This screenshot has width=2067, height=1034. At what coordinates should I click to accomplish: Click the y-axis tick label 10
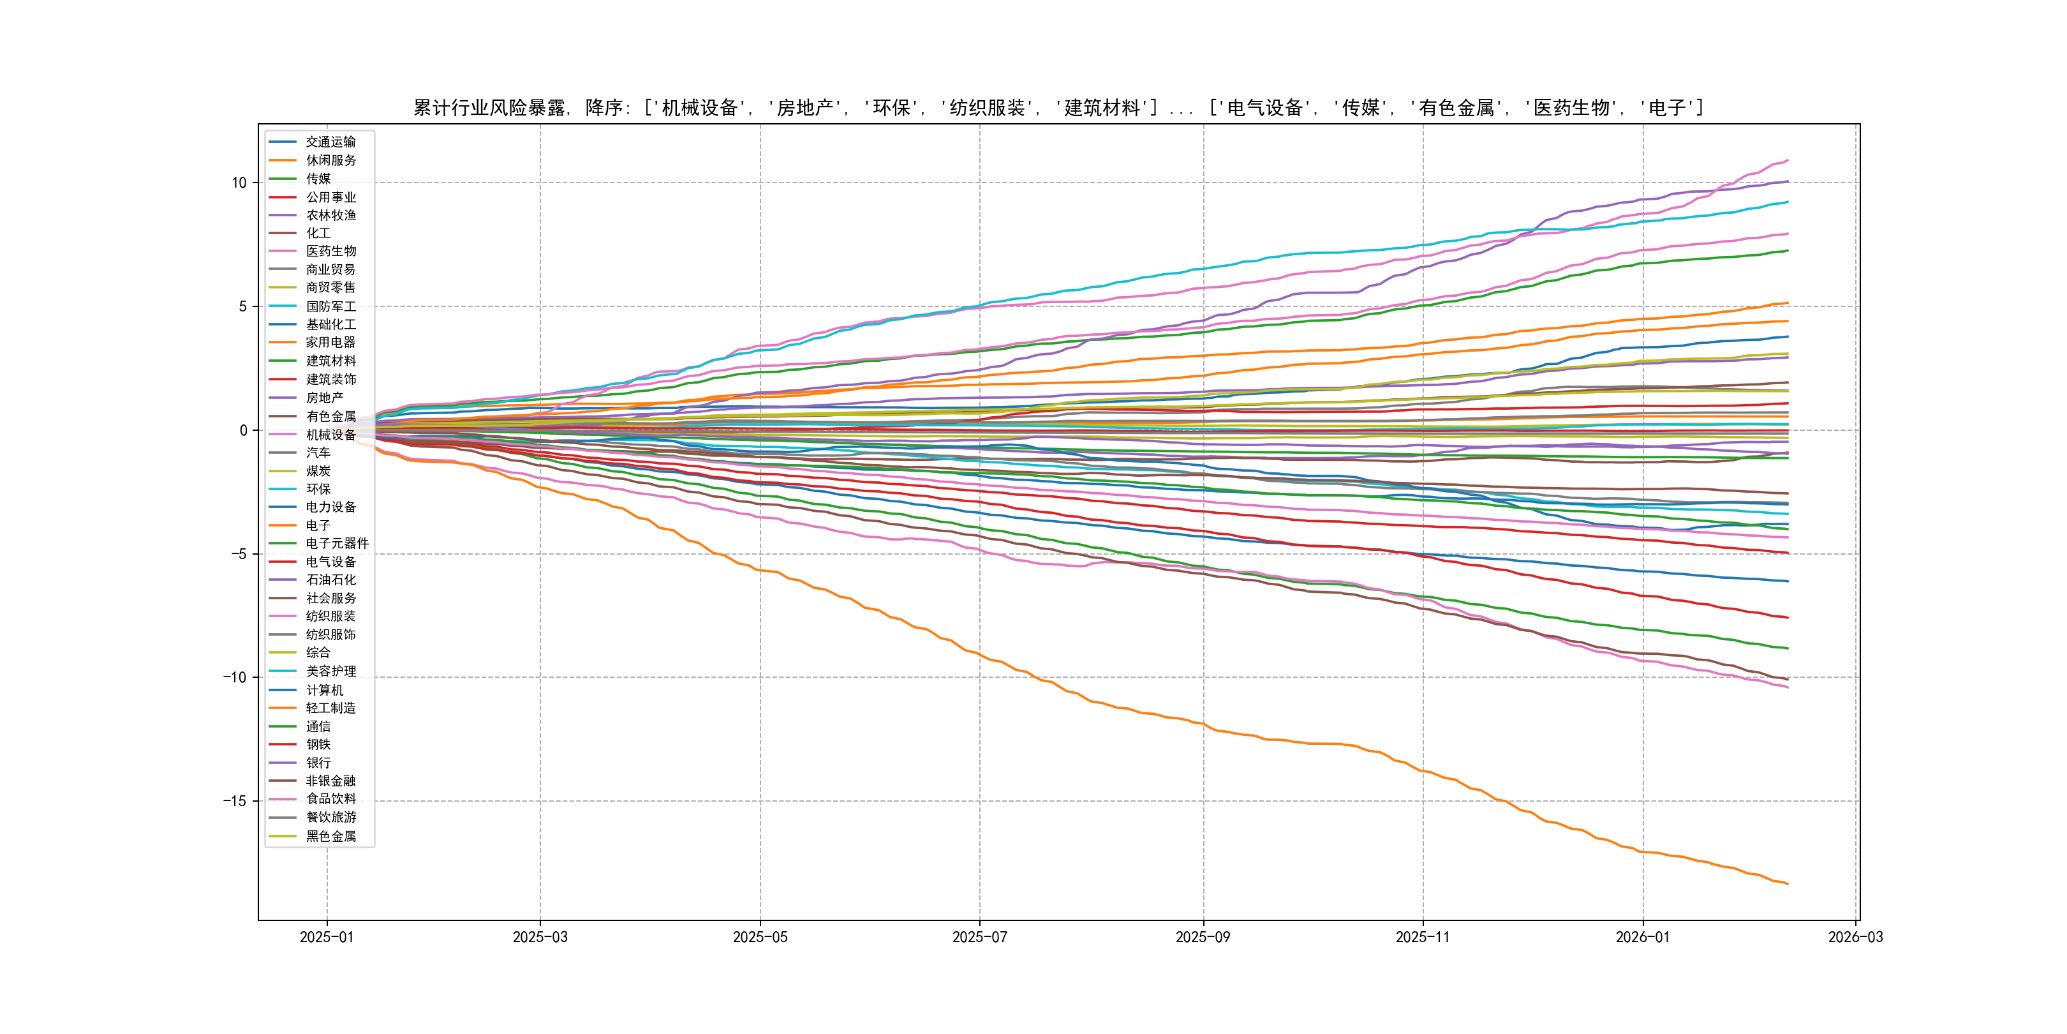point(239,183)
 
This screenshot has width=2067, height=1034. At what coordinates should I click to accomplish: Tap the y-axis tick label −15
point(234,801)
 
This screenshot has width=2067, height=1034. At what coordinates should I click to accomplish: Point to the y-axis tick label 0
point(243,430)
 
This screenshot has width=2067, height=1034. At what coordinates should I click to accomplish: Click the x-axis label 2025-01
point(327,938)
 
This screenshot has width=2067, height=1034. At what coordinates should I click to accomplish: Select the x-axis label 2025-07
point(979,938)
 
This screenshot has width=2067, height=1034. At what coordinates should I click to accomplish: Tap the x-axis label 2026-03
point(1855,938)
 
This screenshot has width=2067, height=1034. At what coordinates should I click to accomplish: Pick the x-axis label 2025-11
point(1423,938)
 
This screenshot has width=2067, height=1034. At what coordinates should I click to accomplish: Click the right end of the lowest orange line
point(1788,884)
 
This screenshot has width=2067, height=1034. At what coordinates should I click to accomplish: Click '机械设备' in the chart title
point(699,109)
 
